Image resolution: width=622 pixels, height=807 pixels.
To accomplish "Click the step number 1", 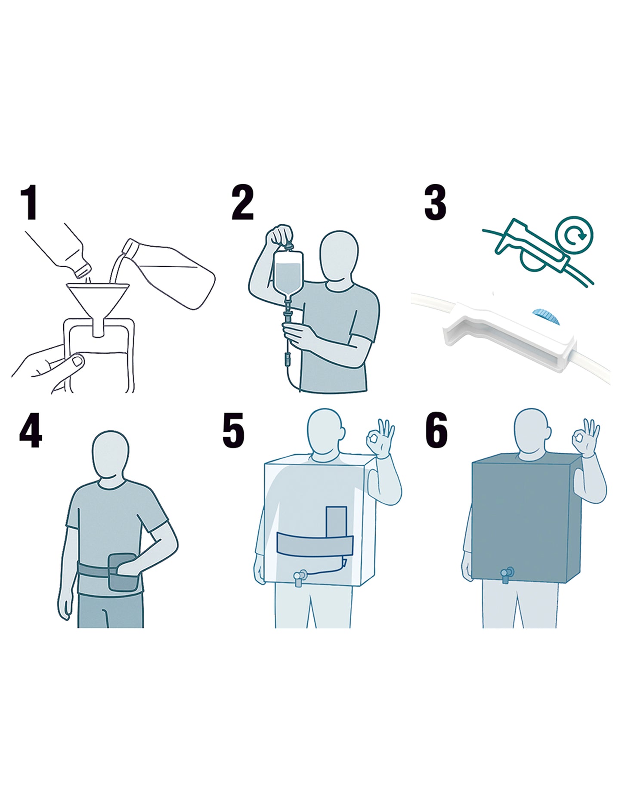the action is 29,203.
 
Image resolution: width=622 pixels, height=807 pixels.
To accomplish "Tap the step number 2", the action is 242,203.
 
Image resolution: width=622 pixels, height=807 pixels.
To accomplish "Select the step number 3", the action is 435,203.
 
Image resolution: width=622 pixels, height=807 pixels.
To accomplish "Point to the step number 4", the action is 31,431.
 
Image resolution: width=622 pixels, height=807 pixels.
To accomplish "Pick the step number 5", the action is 233,431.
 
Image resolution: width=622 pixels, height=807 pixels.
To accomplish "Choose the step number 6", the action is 436,431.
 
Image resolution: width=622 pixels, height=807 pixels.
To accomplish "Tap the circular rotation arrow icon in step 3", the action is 574,235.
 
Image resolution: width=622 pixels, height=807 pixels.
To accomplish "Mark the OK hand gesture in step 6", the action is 585,438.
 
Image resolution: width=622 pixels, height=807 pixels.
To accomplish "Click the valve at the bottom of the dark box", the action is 507,575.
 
